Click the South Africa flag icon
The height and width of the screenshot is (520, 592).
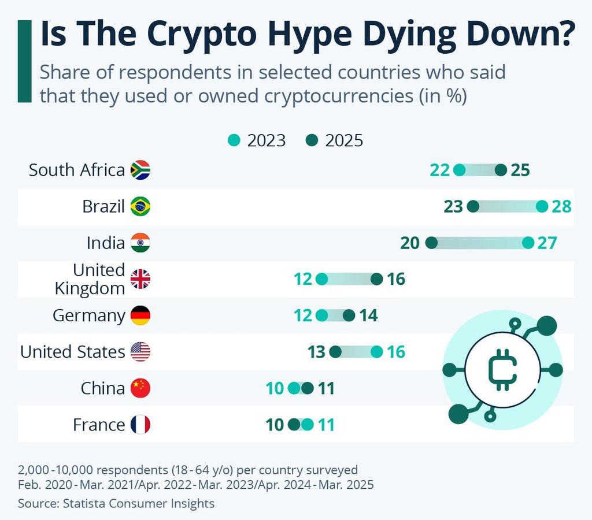[x=140, y=170]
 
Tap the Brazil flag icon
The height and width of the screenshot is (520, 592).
[x=140, y=206]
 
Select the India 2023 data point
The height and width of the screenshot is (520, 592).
[x=528, y=243]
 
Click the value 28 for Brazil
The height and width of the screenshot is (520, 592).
[x=561, y=206]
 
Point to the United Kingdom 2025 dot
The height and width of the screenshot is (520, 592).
[x=377, y=280]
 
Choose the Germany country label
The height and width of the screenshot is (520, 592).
[x=88, y=315]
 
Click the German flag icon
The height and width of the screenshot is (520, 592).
[x=140, y=315]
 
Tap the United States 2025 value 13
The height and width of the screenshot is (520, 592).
[x=317, y=352]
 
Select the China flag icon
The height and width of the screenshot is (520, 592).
[x=140, y=388]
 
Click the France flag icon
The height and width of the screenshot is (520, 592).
[x=140, y=425]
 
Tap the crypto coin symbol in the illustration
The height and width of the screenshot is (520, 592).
[x=502, y=370]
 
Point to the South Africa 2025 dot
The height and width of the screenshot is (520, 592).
[x=501, y=170]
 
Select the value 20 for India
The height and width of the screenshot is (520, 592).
[x=409, y=243]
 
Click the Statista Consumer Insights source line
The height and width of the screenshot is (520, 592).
[x=116, y=503]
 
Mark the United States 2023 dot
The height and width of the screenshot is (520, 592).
[x=376, y=352]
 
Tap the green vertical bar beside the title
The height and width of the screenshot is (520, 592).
[x=24, y=61]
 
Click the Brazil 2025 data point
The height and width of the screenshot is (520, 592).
[x=473, y=206]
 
